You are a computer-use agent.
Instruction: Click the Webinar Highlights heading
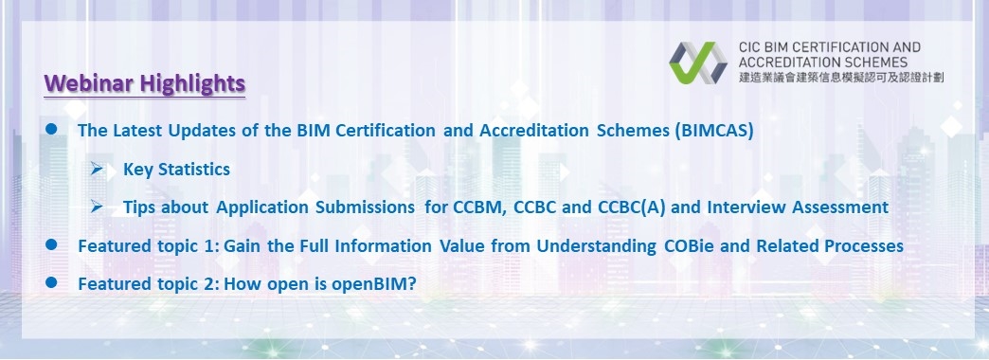pyautogui.click(x=145, y=83)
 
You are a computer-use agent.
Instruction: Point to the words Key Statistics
pyautogui.click(x=176, y=170)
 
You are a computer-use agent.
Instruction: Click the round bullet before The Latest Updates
pyautogui.click(x=53, y=131)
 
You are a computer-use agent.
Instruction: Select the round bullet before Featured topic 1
pyautogui.click(x=53, y=244)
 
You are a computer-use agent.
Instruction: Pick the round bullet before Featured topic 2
pyautogui.click(x=53, y=282)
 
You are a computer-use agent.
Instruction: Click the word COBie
pyautogui.click(x=692, y=245)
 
